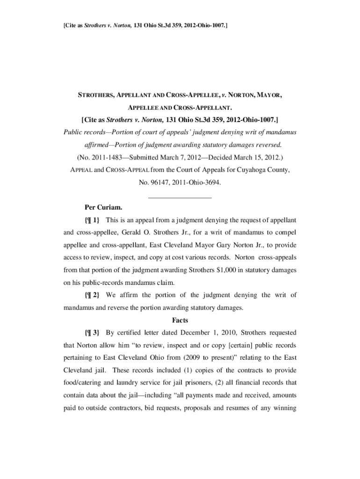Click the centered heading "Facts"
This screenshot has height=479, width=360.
click(180, 320)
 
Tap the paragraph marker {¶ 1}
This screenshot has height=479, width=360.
click(92, 219)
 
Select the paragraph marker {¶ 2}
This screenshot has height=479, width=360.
click(92, 295)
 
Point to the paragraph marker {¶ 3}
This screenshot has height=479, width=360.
click(92, 333)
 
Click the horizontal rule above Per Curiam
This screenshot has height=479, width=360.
click(180, 197)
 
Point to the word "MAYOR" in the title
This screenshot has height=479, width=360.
click(268, 96)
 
